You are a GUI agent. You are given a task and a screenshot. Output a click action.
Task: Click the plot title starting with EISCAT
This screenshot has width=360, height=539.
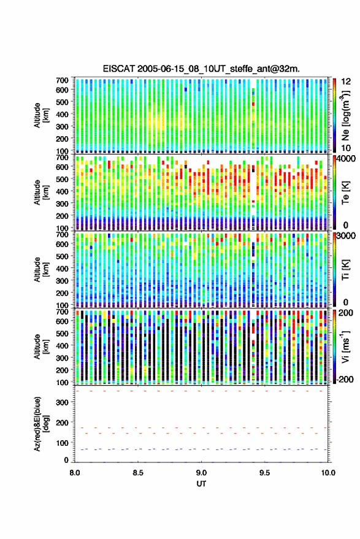click(x=201, y=69)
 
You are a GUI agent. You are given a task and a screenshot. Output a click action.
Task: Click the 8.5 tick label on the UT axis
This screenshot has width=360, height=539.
click(x=138, y=473)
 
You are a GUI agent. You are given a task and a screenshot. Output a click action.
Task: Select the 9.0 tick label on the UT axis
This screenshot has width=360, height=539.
click(x=201, y=473)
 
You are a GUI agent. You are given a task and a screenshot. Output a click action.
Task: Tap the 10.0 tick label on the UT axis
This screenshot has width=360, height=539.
click(x=328, y=473)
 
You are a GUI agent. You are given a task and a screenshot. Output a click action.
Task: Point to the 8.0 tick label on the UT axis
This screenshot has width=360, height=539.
click(x=75, y=473)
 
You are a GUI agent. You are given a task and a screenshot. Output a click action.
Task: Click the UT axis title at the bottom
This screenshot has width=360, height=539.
click(x=201, y=484)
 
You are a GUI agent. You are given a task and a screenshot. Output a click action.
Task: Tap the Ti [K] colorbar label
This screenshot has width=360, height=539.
click(x=345, y=270)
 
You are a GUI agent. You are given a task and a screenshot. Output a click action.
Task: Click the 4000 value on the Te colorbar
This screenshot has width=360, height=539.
click(x=347, y=159)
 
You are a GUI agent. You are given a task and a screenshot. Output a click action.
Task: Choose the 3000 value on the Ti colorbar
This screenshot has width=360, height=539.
click(x=347, y=236)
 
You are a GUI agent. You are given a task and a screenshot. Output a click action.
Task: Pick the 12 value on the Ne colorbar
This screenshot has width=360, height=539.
click(x=347, y=82)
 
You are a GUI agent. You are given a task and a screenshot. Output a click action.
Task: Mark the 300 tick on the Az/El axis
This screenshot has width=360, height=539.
click(x=62, y=402)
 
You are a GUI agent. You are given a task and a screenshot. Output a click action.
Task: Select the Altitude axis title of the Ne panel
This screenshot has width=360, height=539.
click(x=41, y=115)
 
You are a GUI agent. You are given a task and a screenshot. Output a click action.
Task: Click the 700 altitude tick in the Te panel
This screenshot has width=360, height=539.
click(x=62, y=158)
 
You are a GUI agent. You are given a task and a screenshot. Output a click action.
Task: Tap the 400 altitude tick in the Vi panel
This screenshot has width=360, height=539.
click(x=62, y=345)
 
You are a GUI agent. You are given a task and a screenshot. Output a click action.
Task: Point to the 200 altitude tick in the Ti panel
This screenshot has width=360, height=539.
click(x=62, y=293)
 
